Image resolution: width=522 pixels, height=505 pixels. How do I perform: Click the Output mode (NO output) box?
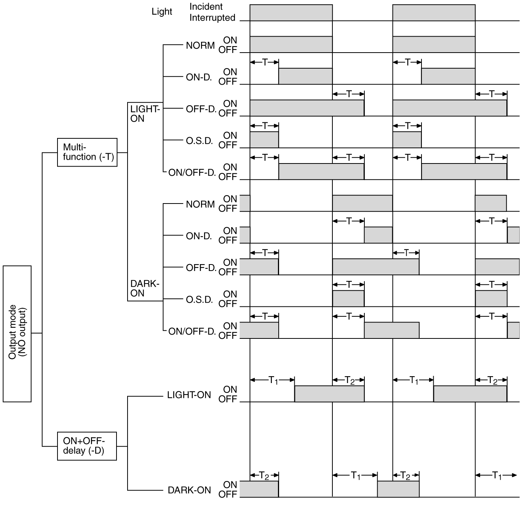pyautogui.click(x=17, y=333)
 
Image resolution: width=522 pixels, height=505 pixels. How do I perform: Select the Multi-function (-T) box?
pyautogui.click(x=87, y=152)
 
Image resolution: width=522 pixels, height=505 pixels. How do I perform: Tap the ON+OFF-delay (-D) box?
pyautogui.click(x=87, y=446)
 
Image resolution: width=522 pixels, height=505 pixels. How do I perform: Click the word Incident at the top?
pyautogui.click(x=206, y=6)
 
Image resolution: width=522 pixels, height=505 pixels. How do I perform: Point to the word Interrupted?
pyautogui.click(x=212, y=18)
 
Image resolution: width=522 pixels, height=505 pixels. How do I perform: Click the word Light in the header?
pyautogui.click(x=162, y=11)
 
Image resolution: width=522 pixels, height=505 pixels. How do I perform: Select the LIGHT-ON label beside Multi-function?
pyautogui.click(x=145, y=114)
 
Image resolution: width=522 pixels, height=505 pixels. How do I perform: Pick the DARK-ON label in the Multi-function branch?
pyautogui.click(x=145, y=289)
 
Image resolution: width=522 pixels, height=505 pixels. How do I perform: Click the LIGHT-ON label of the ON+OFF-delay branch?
pyautogui.click(x=189, y=395)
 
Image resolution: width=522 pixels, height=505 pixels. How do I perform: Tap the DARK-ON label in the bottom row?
pyautogui.click(x=189, y=490)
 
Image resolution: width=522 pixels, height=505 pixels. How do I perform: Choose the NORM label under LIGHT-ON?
pyautogui.click(x=200, y=45)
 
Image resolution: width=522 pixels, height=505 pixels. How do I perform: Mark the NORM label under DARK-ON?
pyautogui.click(x=200, y=204)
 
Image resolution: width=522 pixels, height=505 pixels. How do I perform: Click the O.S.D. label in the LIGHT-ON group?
pyautogui.click(x=199, y=141)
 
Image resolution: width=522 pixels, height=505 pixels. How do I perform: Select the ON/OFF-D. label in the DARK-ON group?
pyautogui.click(x=192, y=331)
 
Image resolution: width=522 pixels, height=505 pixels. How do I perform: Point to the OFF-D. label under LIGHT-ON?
pyautogui.click(x=201, y=109)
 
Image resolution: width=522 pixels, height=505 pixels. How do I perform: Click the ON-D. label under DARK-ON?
pyautogui.click(x=199, y=236)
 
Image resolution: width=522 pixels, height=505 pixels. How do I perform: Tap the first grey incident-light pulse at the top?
pyautogui.click(x=291, y=13)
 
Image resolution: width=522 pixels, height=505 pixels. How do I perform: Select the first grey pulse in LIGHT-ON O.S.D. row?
pyautogui.click(x=264, y=139)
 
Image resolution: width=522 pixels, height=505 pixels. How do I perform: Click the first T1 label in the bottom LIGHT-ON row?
pyautogui.click(x=273, y=380)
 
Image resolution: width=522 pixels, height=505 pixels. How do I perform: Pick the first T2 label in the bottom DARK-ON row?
pyautogui.click(x=264, y=475)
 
